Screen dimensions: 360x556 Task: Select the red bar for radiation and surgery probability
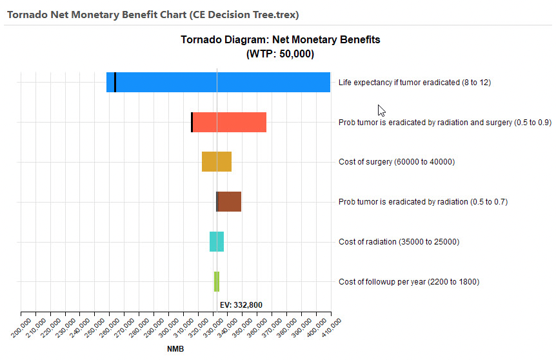tap(230, 123)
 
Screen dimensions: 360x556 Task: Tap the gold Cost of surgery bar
tap(217, 162)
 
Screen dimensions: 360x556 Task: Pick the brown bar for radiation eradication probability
tap(229, 202)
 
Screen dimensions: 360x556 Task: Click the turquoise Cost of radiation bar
tap(217, 242)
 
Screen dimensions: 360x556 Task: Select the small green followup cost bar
tap(217, 282)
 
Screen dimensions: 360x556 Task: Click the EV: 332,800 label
tap(241, 305)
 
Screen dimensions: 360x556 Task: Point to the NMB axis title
tap(175, 350)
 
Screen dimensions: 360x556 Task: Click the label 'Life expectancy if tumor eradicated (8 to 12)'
tap(415, 83)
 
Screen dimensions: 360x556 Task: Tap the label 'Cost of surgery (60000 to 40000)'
tap(397, 162)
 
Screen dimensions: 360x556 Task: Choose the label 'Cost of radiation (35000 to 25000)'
tap(399, 242)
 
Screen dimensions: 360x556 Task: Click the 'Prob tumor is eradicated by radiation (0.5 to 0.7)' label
tap(423, 202)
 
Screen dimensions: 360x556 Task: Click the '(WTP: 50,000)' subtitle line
tap(280, 54)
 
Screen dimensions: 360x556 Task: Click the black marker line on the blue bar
tap(115, 83)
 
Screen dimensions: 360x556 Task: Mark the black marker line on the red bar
tap(192, 123)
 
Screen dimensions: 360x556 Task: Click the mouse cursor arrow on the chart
tap(381, 110)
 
